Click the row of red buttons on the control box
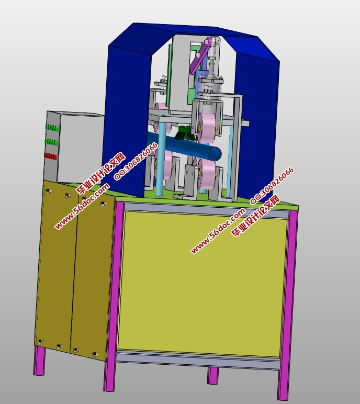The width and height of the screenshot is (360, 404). click(51, 156)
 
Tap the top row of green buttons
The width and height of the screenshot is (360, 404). click(52, 128)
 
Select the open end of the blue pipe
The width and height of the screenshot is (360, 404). click(215, 153)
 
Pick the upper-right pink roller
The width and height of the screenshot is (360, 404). click(208, 127)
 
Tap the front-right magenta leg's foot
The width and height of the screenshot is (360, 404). click(283, 394)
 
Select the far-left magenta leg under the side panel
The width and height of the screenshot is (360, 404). click(39, 361)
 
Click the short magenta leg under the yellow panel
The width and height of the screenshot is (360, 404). click(213, 376)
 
